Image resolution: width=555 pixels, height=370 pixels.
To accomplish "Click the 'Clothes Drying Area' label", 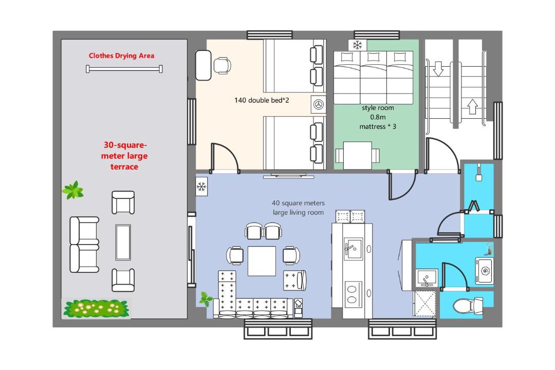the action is (x=121, y=55).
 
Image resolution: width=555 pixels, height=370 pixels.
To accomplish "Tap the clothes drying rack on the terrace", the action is (x=124, y=69).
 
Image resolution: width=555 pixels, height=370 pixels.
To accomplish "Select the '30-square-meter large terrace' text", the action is (x=124, y=156).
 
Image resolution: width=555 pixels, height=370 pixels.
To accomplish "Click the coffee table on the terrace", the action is (x=123, y=242).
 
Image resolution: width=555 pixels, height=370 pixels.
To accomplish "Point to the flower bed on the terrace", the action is (x=96, y=308).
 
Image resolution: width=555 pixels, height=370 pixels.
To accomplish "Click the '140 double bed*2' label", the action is (x=262, y=100).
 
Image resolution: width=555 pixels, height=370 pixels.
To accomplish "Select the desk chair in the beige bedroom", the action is (x=223, y=65).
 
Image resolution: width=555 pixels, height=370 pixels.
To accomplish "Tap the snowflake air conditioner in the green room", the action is (x=358, y=45).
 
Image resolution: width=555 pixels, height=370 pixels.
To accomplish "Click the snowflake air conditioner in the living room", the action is (x=202, y=186).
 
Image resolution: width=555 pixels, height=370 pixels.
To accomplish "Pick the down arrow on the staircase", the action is (x=438, y=69).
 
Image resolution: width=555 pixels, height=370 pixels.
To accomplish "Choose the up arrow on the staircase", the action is (x=473, y=106).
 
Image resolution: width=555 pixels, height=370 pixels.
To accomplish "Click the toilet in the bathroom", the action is (x=468, y=305).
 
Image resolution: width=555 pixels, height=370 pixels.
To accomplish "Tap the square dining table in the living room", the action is (x=262, y=261).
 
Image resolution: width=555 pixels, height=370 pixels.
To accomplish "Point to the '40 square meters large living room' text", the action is (x=298, y=208).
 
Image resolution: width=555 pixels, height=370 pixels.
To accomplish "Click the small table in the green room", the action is (x=358, y=155).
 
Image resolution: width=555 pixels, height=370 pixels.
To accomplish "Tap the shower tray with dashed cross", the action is (x=425, y=303).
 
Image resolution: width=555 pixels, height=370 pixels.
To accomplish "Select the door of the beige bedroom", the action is (x=225, y=158).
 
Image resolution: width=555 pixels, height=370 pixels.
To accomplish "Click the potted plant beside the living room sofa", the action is (x=205, y=299).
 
